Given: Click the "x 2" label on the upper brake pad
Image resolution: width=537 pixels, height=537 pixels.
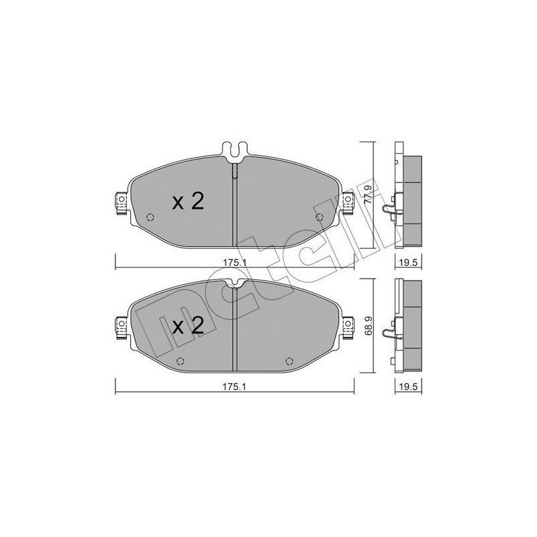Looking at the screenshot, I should click(x=188, y=202).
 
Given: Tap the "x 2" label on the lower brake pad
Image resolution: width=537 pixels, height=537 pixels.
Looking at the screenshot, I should click(x=188, y=327).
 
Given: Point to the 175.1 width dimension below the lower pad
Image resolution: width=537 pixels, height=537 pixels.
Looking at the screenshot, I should click(x=232, y=387).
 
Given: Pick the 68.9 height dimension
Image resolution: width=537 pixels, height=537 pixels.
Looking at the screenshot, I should click(x=367, y=327).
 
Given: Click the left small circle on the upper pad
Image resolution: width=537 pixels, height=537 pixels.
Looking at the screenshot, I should click(x=150, y=217).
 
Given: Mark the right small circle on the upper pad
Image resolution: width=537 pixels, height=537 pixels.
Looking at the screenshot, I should click(x=319, y=217).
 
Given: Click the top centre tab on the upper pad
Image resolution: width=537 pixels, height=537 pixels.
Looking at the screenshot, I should click(x=232, y=151).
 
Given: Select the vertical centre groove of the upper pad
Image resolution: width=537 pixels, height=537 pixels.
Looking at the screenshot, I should click(x=232, y=208).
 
